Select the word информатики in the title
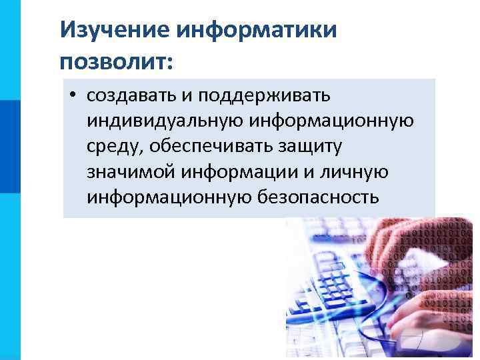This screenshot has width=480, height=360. (257, 29)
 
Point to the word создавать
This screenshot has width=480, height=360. (131, 96)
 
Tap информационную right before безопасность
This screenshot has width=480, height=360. (168, 197)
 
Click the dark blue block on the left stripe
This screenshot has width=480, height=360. (10, 147)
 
